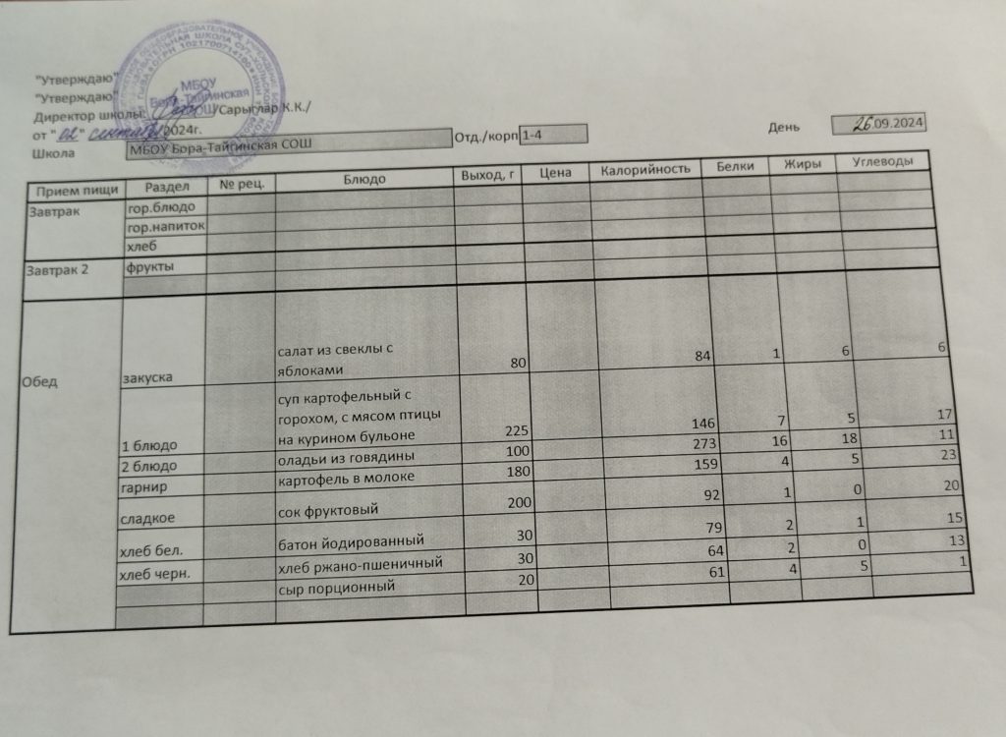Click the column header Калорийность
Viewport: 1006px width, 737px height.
click(x=643, y=170)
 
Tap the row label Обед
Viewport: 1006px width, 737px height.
click(x=42, y=382)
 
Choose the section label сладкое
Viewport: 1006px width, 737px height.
click(x=143, y=513)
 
